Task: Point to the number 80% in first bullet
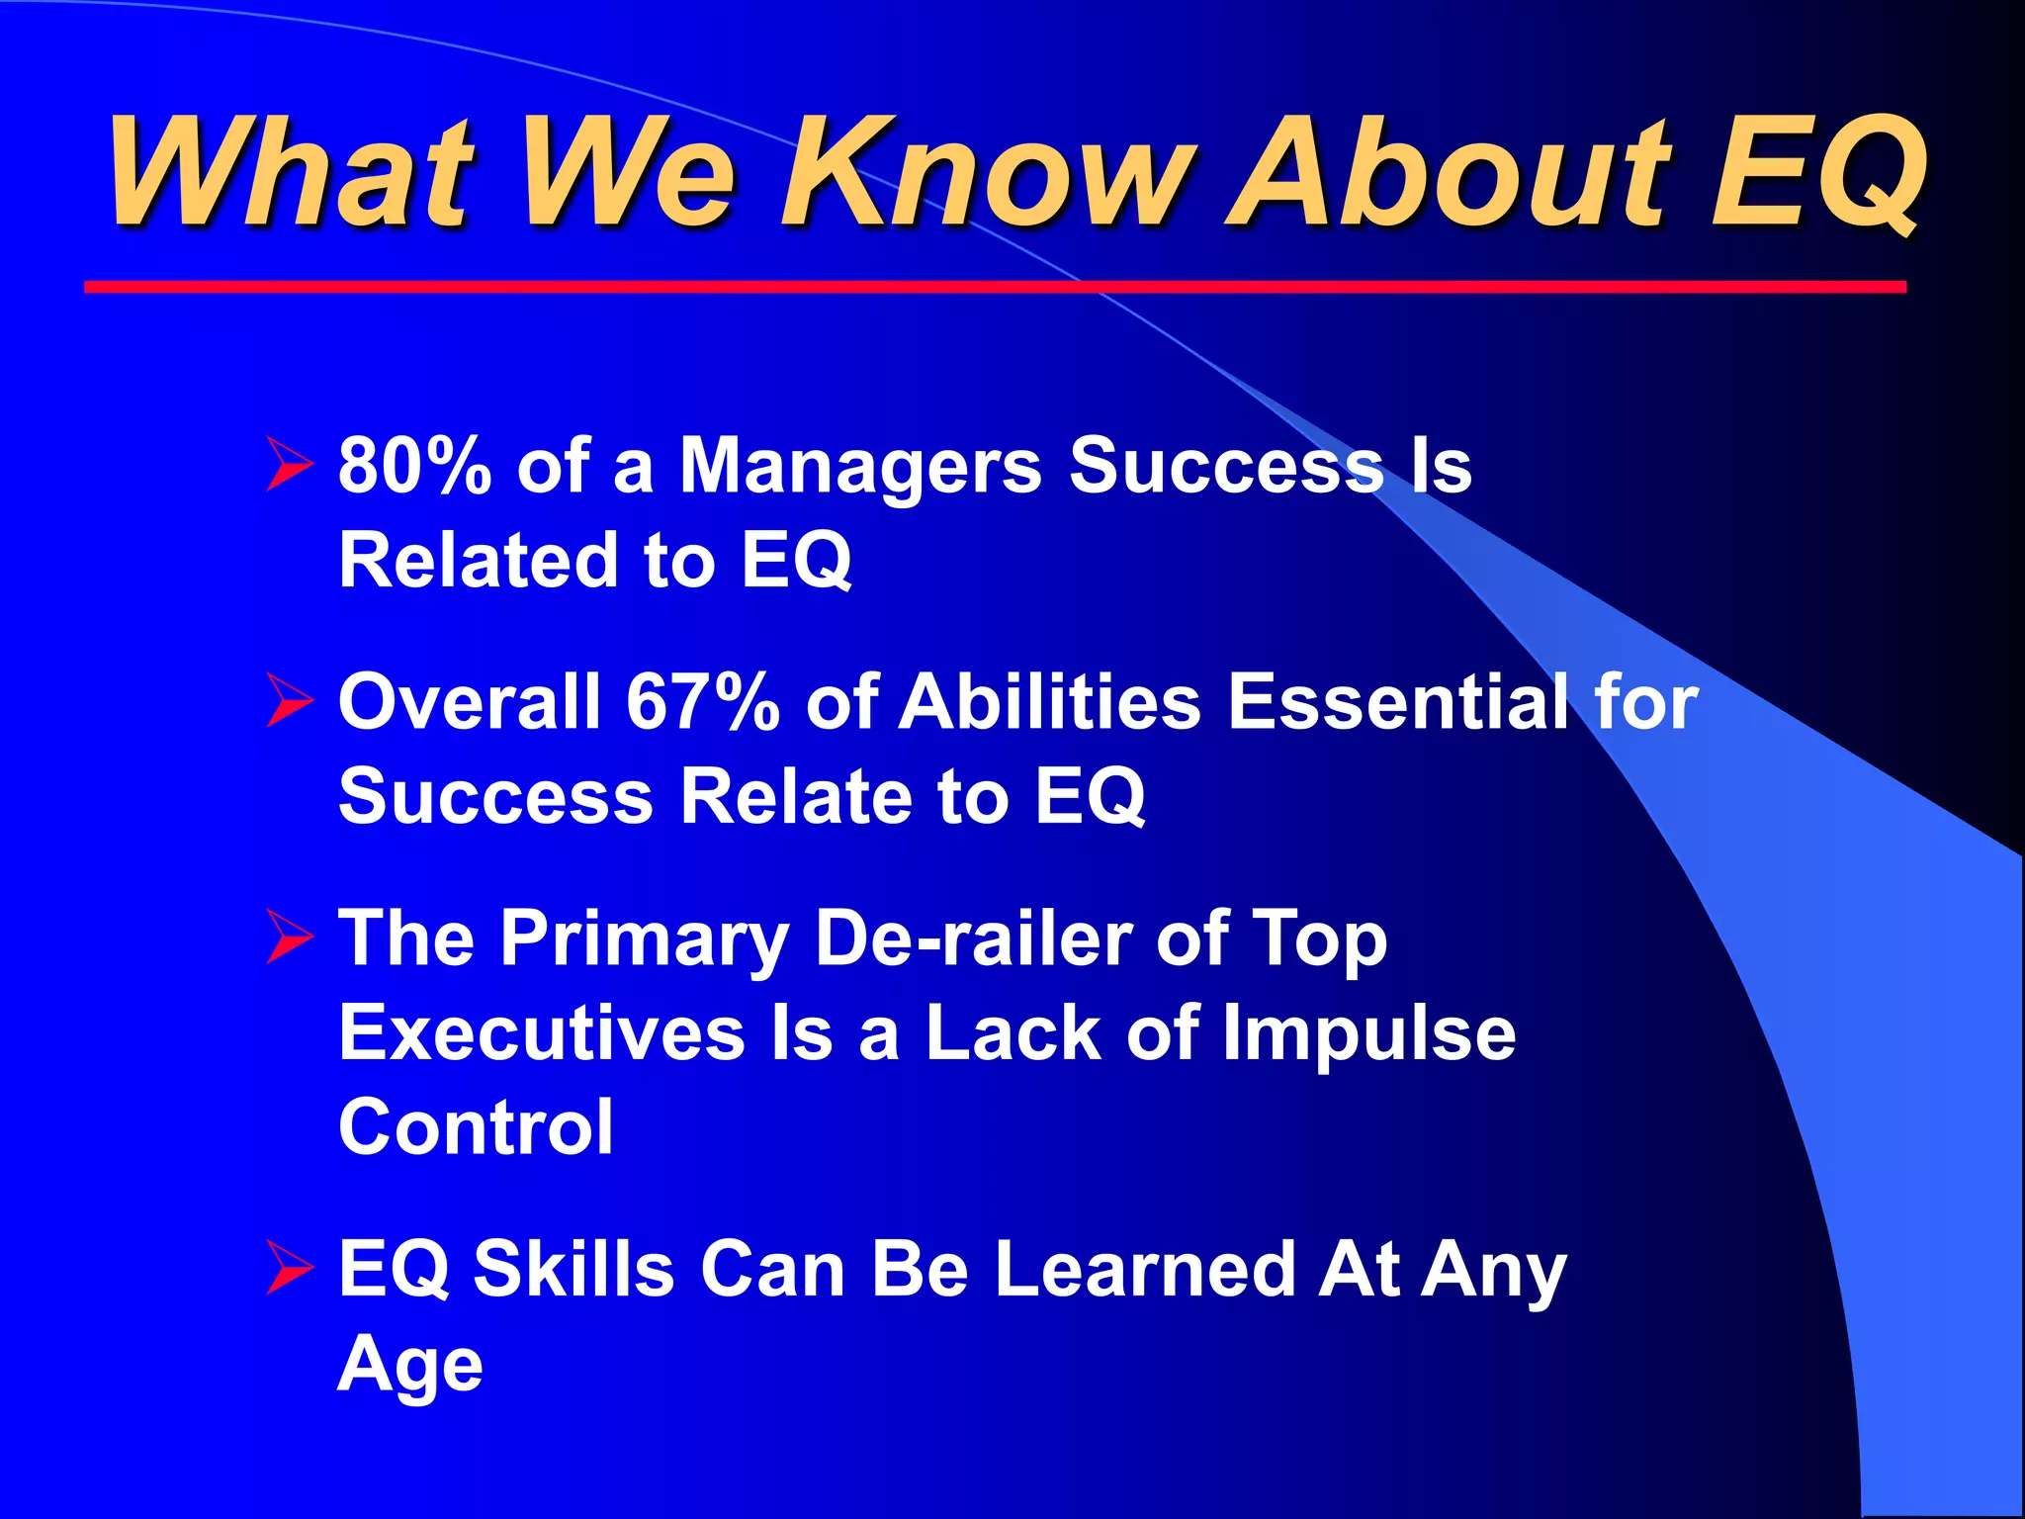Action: tap(414, 465)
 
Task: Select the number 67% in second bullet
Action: tap(703, 702)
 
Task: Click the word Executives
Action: tap(541, 1032)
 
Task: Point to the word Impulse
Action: tap(1368, 1034)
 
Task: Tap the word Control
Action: tap(476, 1127)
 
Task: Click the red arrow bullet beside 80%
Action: tap(289, 466)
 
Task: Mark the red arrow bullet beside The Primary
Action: tap(289, 938)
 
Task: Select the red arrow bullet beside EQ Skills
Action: tap(289, 1269)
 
